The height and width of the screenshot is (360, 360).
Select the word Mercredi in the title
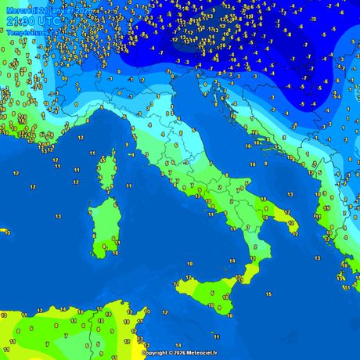tap(20, 9)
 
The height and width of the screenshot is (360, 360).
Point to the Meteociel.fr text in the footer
tap(202, 353)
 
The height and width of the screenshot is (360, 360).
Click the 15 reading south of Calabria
tap(268, 294)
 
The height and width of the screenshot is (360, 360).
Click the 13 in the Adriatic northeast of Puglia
tap(291, 194)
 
